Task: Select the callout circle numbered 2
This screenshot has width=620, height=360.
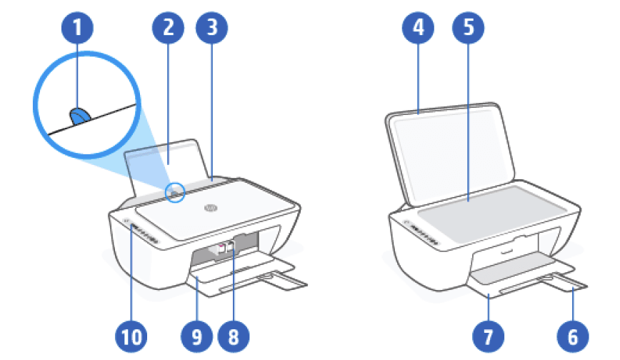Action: coord(168,29)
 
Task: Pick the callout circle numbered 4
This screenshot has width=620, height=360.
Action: coord(418,29)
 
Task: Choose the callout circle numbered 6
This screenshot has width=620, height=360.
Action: coord(573,333)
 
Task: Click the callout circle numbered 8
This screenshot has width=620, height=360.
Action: coord(236,333)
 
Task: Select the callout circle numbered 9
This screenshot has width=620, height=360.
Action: coord(194,333)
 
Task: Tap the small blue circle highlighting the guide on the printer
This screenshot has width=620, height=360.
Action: coord(176,191)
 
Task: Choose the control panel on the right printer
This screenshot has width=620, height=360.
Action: coord(423,232)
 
